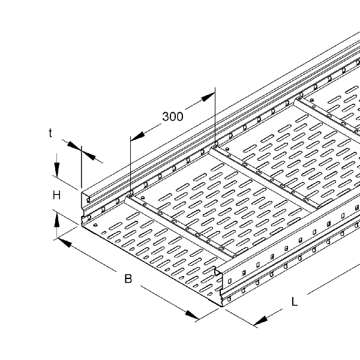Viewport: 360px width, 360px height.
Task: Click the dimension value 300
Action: click(173, 116)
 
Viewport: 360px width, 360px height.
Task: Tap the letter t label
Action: click(50, 133)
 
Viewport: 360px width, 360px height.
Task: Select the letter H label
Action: click(57, 196)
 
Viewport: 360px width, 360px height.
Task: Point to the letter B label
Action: click(128, 278)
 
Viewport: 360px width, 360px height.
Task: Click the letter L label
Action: click(295, 301)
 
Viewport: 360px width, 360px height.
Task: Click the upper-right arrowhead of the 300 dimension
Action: click(208, 97)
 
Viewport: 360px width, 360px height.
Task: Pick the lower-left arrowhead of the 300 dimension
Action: click(137, 137)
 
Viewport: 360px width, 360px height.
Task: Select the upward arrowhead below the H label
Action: click(57, 220)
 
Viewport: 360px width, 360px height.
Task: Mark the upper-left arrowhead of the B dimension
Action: click(65, 242)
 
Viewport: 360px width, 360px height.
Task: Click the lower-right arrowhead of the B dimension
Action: click(192, 315)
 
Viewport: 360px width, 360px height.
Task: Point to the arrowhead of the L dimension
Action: click(260, 321)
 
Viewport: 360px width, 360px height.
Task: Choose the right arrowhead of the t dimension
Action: click(88, 155)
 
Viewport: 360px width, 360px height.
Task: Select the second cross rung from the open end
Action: click(264, 177)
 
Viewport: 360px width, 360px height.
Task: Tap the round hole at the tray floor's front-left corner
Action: click(95, 225)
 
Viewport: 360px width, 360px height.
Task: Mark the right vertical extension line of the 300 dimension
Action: click(215, 116)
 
